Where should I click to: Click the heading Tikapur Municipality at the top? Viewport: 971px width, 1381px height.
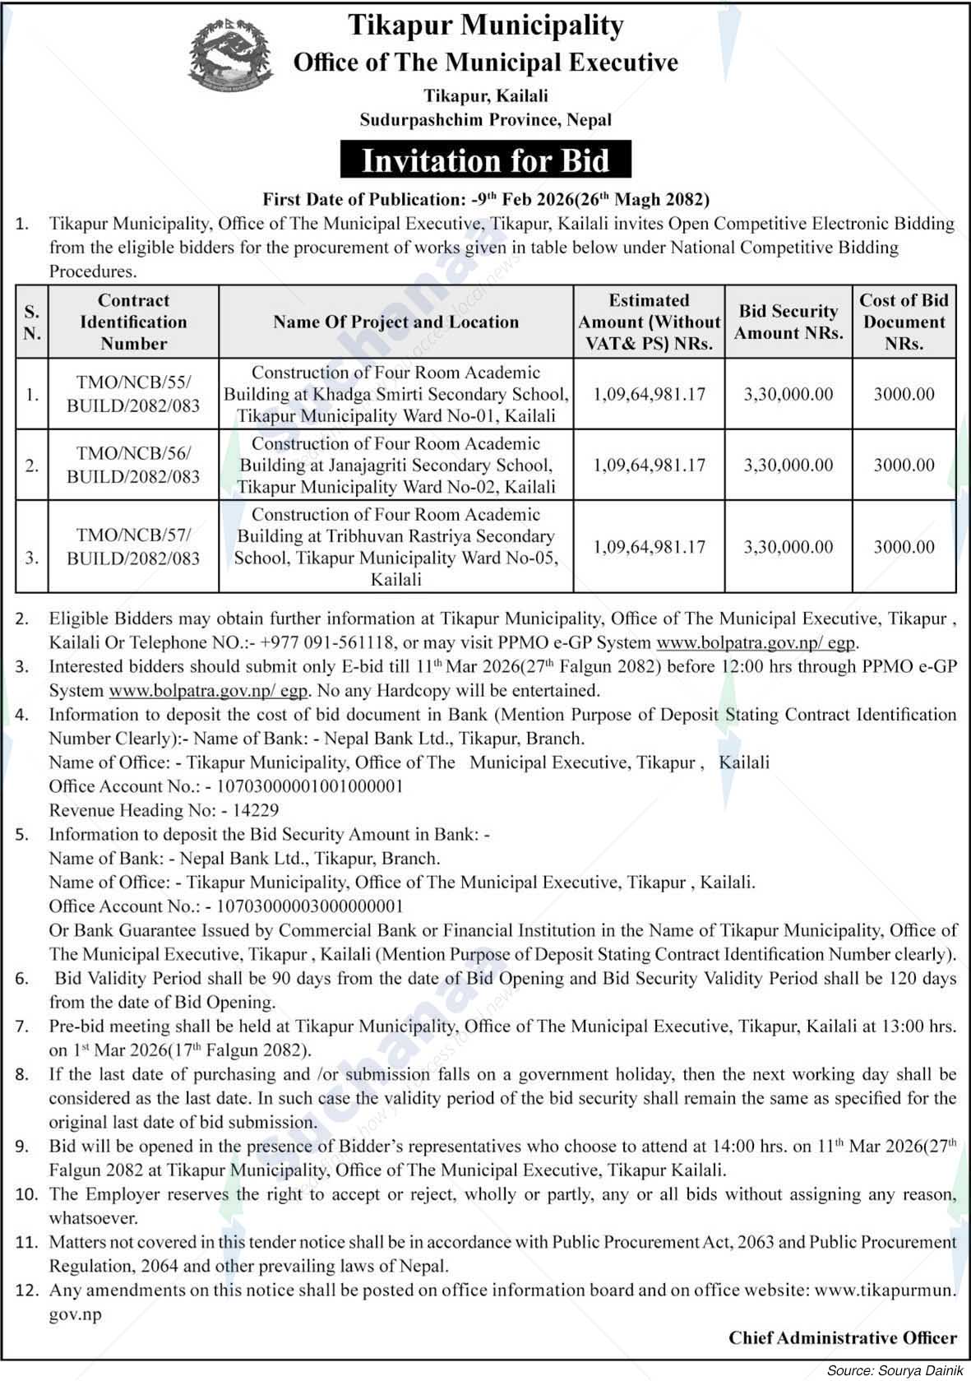[485, 25]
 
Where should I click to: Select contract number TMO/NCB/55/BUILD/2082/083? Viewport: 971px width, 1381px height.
[133, 393]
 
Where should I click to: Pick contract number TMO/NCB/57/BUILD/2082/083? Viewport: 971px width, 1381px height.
[133, 547]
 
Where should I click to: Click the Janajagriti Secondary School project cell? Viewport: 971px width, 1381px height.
[395, 465]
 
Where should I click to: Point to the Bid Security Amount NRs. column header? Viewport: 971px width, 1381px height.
[788, 322]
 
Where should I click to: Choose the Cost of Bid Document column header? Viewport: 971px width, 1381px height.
[904, 322]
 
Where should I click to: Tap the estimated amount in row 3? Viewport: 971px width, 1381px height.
[650, 547]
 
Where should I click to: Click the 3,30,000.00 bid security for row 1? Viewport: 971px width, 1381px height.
[788, 394]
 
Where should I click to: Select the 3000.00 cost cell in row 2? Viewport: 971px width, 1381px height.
[904, 465]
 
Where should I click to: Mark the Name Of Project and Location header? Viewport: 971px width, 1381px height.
[395, 322]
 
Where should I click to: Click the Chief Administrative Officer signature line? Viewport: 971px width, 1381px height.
[842, 1337]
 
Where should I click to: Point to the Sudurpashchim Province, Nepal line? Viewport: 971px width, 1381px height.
[486, 119]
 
